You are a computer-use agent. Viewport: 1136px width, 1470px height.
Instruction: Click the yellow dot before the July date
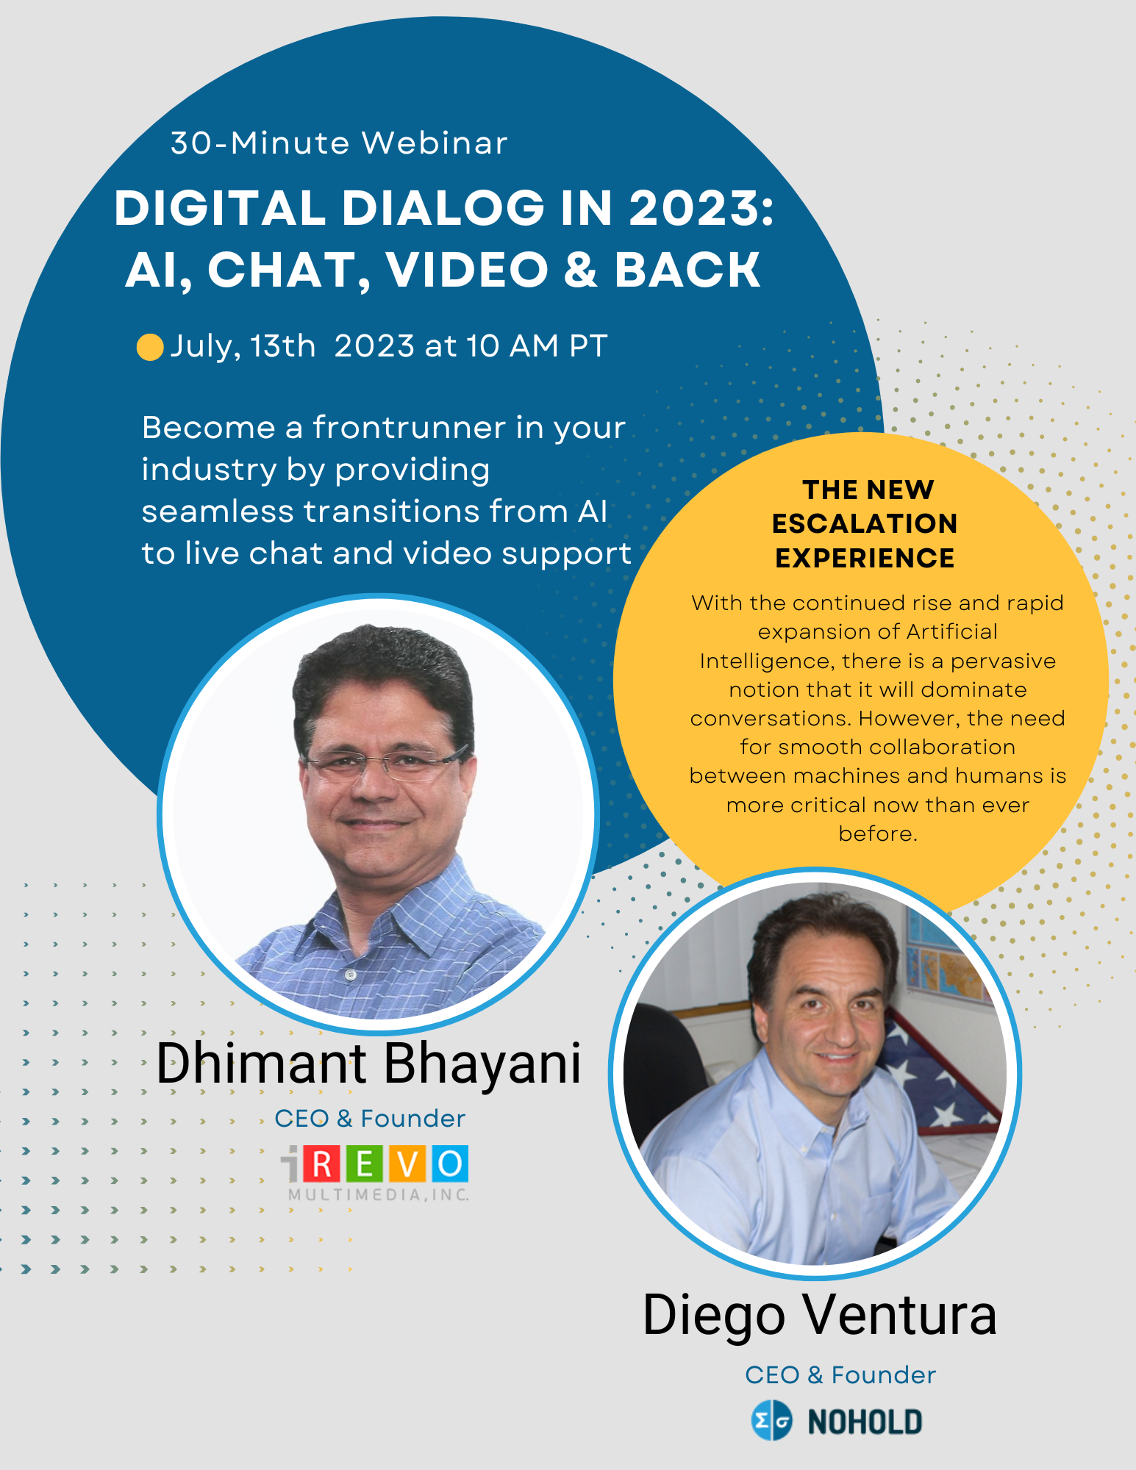tap(150, 347)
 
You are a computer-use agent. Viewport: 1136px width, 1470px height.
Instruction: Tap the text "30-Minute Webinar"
tap(339, 143)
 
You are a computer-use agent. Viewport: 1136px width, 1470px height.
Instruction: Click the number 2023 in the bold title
tap(694, 208)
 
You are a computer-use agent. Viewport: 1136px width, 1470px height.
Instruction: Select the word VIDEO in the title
tap(468, 270)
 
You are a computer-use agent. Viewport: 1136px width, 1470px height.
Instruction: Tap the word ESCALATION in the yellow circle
tap(865, 523)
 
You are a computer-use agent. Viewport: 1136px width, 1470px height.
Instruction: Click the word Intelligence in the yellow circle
tap(767, 662)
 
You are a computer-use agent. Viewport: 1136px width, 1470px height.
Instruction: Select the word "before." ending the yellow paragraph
tap(878, 833)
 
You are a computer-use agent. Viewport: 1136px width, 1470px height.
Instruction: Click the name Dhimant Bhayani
tap(368, 1064)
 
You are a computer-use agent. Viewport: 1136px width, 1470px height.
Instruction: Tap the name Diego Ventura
tap(820, 1316)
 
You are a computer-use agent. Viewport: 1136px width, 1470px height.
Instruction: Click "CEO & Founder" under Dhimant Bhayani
tap(370, 1119)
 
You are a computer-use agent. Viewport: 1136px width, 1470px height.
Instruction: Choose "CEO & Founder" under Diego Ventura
tap(840, 1375)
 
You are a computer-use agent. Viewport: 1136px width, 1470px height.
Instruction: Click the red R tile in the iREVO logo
tap(321, 1164)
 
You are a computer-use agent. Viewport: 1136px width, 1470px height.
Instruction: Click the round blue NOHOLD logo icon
tap(771, 1421)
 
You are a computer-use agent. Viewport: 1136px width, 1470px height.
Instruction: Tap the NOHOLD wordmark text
tap(865, 1422)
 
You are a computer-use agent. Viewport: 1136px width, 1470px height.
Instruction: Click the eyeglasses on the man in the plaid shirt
tap(384, 764)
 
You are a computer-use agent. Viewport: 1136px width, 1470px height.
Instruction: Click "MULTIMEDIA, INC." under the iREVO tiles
tap(379, 1195)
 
